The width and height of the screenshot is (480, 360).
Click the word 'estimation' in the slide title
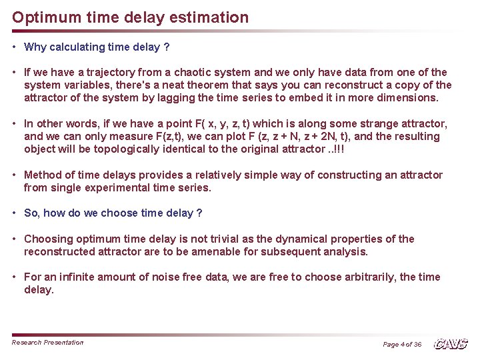pos(208,17)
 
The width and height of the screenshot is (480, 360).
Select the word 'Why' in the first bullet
pos(35,47)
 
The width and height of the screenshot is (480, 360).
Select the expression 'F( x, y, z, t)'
pos(217,123)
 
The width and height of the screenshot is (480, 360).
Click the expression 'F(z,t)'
pos(142,136)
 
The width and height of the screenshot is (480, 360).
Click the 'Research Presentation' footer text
pos(48,343)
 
